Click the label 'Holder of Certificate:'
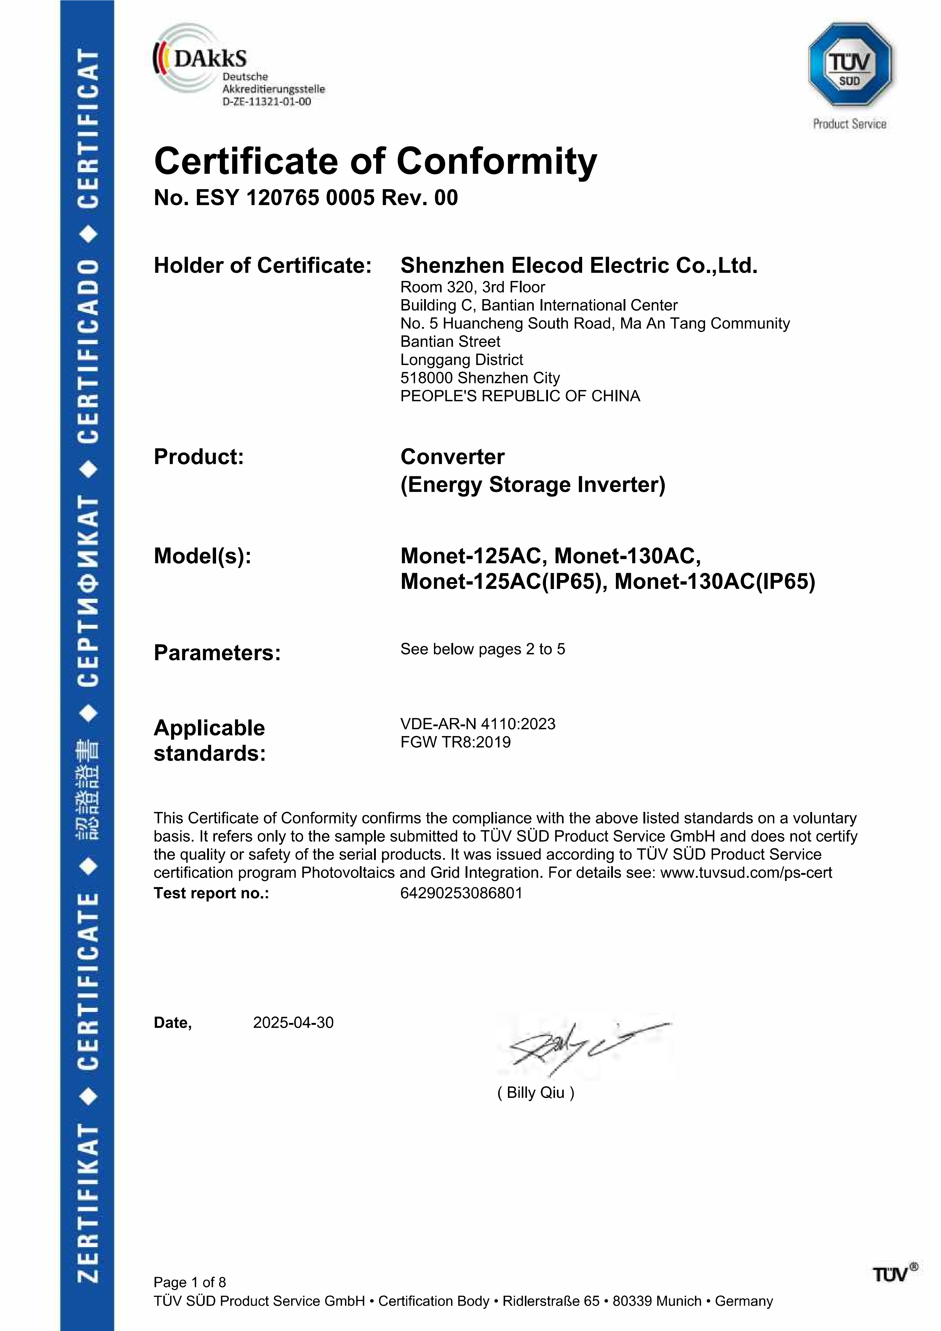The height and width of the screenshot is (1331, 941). [262, 266]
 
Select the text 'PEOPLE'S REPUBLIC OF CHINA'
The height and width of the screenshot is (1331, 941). [520, 396]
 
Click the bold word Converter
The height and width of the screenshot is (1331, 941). [452, 457]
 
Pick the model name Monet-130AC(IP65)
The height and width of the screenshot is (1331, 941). [715, 581]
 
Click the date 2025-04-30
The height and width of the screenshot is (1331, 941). [293, 1023]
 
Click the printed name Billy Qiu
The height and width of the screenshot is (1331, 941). [535, 1093]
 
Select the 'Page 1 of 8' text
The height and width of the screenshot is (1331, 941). [189, 1282]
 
